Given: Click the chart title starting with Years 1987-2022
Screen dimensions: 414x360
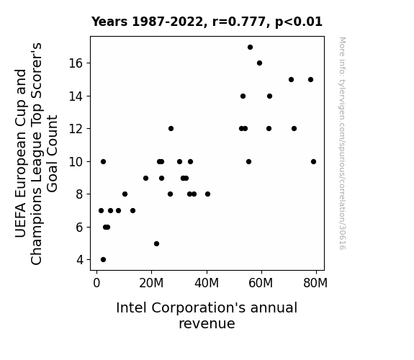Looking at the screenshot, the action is pos(207,22).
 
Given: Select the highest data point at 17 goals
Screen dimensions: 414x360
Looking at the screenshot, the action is pos(250,48).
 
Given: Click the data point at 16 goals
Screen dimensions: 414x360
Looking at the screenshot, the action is pos(259,63).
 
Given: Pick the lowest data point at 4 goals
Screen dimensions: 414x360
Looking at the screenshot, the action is pos(103,260).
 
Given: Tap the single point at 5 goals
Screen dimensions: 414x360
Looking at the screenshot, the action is pos(156,244).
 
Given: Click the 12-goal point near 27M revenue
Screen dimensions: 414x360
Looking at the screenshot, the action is pos(171,129).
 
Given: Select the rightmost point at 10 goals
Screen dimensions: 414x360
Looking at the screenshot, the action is pos(313,162).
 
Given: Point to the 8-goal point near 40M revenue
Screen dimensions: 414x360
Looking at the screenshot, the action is pos(207,194).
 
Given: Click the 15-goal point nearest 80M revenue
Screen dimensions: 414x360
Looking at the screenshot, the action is pos(310,79).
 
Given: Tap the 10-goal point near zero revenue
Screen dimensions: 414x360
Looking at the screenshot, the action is pos(103,162).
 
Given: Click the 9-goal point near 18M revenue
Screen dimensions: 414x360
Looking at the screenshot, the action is pos(145,179).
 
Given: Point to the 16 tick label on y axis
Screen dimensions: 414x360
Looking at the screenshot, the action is pos(76,63).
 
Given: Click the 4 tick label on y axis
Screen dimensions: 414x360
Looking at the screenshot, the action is pos(80,260).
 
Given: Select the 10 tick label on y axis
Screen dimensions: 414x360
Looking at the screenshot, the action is pos(76,162).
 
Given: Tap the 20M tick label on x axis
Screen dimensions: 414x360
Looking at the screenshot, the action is pos(151,283).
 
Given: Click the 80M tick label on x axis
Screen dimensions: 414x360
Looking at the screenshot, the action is pos(315,283).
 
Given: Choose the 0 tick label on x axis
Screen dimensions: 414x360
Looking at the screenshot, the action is pos(96,283).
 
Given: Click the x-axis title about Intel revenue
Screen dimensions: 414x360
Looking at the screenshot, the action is pos(207,315).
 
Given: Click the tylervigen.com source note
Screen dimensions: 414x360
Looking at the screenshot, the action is pos(342,143).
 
